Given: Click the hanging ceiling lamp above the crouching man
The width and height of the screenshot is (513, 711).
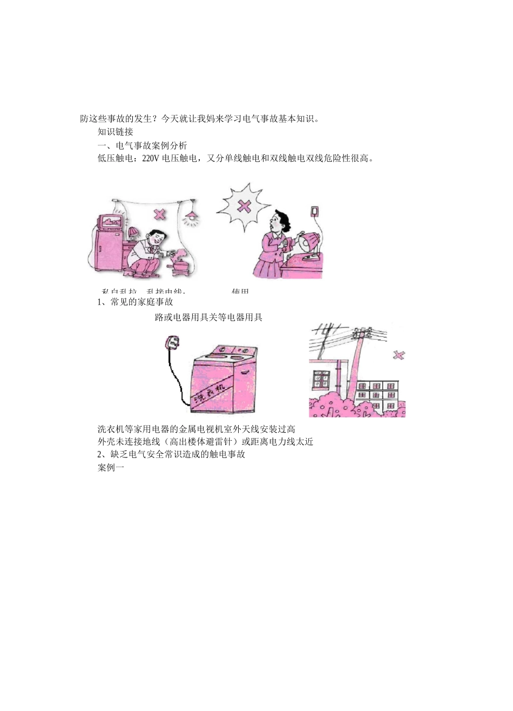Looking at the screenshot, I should pyautogui.click(x=190, y=217).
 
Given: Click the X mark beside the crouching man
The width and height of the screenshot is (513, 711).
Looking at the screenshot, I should pyautogui.click(x=160, y=214).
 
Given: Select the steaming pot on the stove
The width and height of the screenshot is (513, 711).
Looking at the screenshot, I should pyautogui.click(x=177, y=263).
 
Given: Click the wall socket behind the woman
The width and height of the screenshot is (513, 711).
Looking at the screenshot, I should pyautogui.click(x=315, y=210).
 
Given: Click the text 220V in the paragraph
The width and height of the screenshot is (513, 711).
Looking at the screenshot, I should pyautogui.click(x=151, y=159).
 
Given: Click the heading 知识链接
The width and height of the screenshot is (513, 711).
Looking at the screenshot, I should pyautogui.click(x=116, y=132).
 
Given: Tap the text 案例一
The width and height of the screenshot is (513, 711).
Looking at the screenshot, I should pyautogui.click(x=111, y=468).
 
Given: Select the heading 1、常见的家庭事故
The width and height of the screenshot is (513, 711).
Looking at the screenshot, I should pyautogui.click(x=135, y=302).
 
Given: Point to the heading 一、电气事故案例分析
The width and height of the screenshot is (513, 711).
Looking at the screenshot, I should pyautogui.click(x=142, y=146).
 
